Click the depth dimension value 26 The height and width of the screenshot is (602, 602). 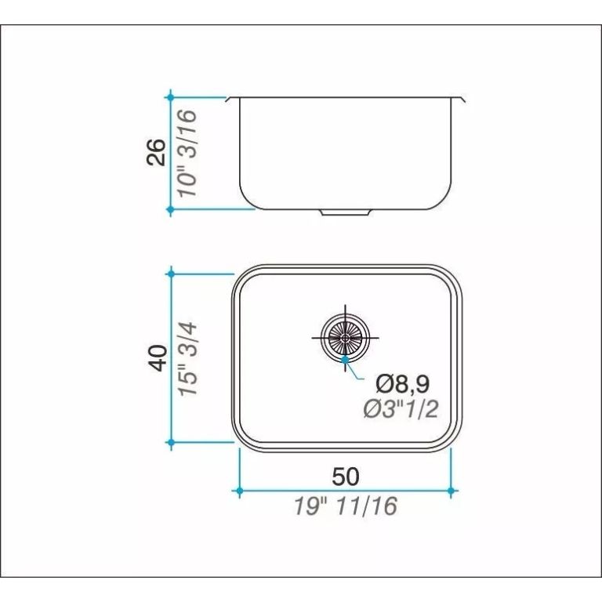coord(156,152)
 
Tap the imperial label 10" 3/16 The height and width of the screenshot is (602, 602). coord(188,153)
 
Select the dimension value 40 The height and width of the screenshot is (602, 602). coord(158,357)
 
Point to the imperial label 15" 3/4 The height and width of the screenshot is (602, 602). coord(188,359)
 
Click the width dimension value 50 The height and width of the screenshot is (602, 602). coord(346,477)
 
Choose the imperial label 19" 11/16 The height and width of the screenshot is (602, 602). coord(346,506)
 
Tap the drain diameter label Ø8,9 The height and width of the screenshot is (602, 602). coord(402,384)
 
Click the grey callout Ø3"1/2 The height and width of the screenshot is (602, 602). coord(401,409)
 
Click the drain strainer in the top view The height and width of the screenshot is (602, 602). coord(345,338)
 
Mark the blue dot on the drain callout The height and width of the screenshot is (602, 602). coord(345,359)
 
